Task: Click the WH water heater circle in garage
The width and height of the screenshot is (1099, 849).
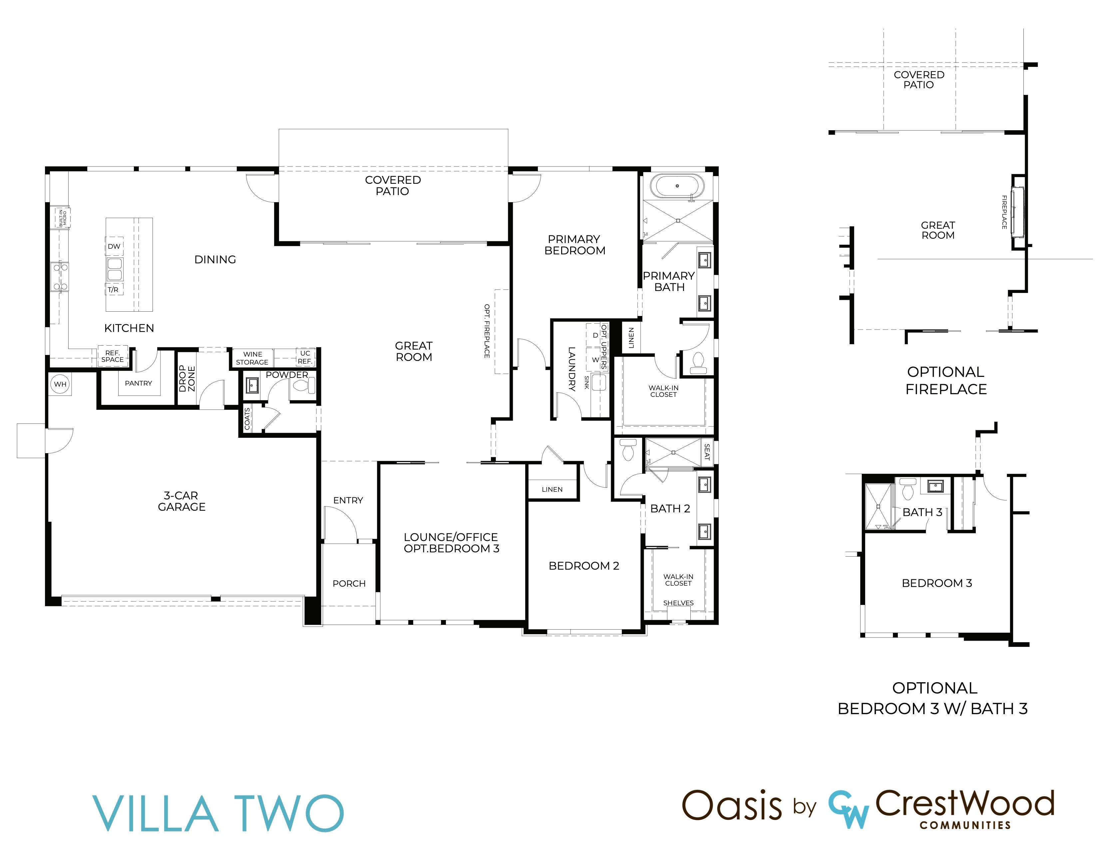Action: pos(60,384)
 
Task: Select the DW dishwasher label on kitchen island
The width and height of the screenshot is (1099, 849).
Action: pos(114,246)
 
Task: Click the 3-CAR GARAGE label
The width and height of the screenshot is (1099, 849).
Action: pos(182,501)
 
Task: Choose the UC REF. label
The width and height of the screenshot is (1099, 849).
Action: pos(305,357)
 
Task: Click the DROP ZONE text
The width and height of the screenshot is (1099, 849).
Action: pos(187,378)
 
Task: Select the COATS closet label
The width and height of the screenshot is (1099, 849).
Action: pos(247,419)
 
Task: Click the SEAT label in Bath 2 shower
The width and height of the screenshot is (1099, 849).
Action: pos(707,452)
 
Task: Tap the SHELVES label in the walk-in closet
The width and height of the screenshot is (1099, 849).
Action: pos(678,603)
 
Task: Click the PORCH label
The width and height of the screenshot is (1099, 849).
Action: pos(349,583)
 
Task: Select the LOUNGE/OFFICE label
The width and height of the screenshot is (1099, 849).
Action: pos(451,537)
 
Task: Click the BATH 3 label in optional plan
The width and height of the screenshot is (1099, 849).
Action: pos(922,512)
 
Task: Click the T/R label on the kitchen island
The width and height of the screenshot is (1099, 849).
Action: pos(113,290)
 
